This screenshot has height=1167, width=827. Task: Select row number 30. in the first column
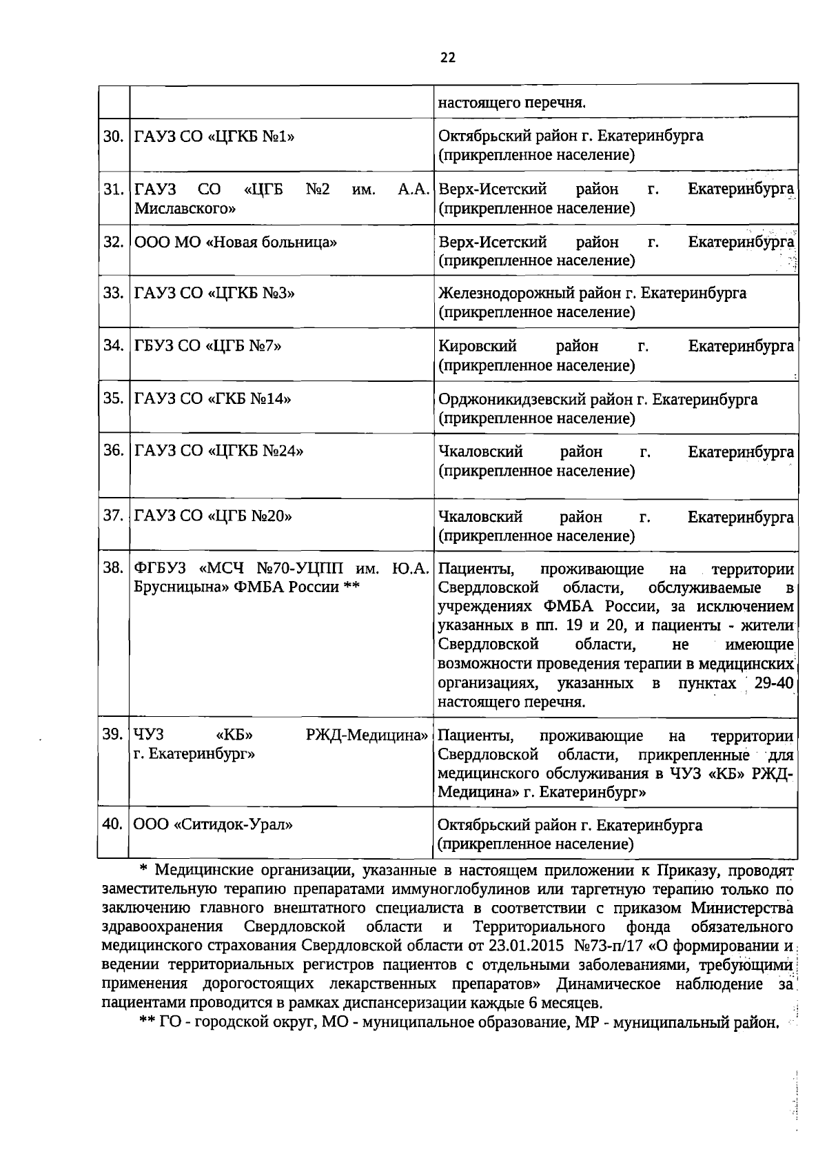113,136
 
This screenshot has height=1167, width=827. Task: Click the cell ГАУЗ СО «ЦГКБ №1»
214,136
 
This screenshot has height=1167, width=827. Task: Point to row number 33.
113,293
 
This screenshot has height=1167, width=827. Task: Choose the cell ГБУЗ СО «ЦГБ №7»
207,346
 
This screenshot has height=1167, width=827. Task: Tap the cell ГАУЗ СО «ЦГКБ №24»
218,451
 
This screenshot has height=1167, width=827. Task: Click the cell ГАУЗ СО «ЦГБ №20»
213,516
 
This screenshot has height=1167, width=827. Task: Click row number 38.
113,569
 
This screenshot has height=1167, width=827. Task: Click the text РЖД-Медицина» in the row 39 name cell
367,735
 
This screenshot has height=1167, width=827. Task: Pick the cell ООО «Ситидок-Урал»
213,824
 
